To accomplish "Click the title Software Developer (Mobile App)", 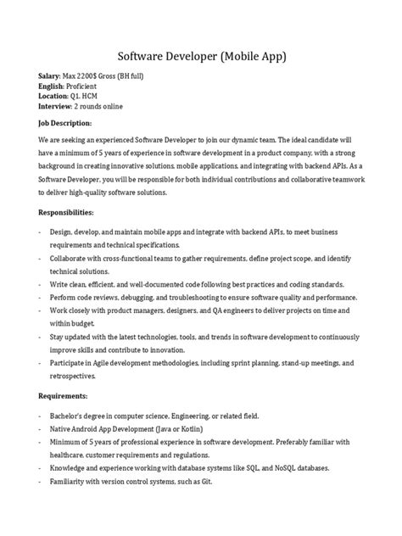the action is click(x=201, y=57).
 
